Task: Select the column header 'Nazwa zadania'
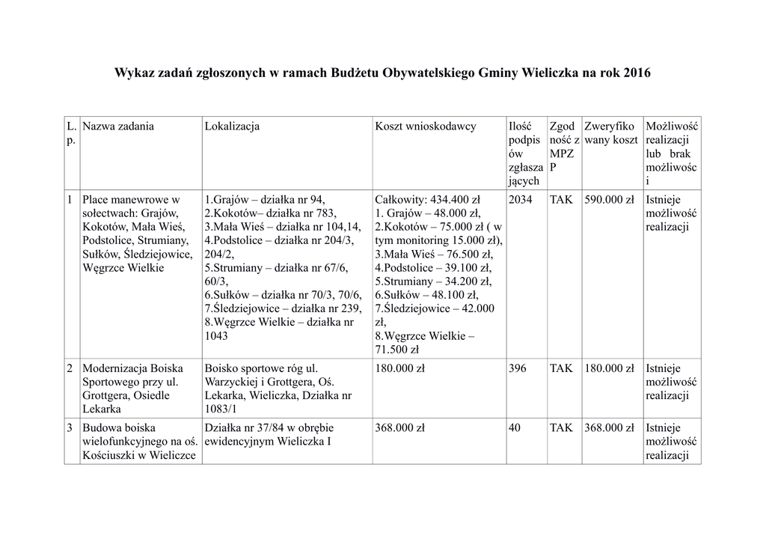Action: (118, 126)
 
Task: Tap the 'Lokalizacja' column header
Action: (232, 126)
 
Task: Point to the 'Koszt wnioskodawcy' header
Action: (425, 126)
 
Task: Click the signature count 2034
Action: (521, 200)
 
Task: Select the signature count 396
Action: (517, 368)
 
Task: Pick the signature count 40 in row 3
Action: (514, 428)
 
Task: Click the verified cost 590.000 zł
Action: (609, 200)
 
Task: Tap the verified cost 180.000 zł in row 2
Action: (609, 368)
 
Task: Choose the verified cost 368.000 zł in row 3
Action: (609, 428)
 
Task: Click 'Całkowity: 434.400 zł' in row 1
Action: (427, 200)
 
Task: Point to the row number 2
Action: (70, 368)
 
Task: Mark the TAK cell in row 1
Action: (561, 200)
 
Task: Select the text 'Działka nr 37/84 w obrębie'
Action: (269, 428)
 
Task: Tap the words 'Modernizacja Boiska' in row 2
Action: (132, 368)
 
